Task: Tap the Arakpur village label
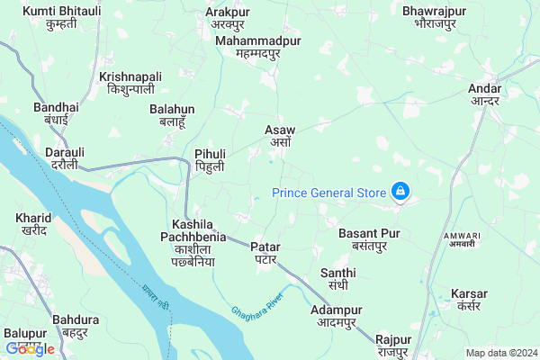click(x=228, y=17)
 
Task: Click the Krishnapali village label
click(x=131, y=83)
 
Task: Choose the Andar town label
click(x=485, y=94)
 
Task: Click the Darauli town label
click(x=65, y=158)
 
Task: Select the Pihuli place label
click(x=210, y=160)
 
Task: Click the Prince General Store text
click(x=328, y=192)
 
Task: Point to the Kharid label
click(x=34, y=224)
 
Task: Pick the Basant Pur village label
click(x=369, y=238)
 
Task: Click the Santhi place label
click(x=338, y=279)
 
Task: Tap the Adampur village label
click(x=336, y=316)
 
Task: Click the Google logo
click(x=30, y=348)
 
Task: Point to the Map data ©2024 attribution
click(x=500, y=352)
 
